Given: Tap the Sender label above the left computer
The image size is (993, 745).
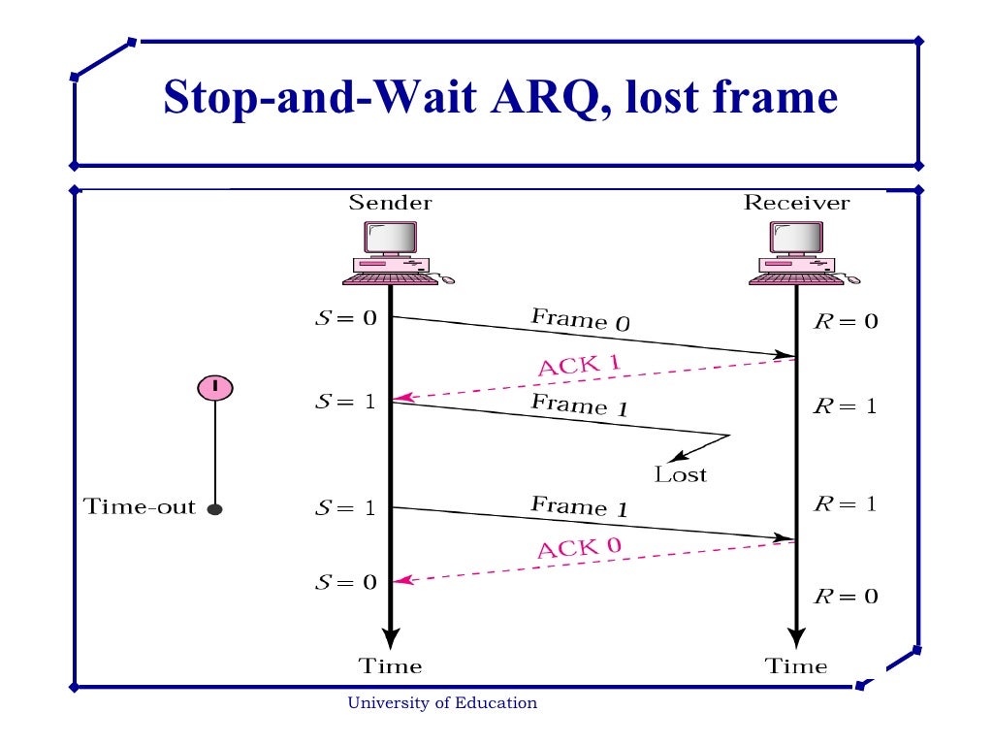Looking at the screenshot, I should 390,203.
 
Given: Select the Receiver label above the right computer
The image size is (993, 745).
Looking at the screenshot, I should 796,203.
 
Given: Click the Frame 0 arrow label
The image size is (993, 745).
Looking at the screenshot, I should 580,320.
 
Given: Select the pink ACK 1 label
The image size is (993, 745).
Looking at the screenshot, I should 578,367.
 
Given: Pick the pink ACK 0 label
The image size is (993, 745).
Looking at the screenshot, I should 579,548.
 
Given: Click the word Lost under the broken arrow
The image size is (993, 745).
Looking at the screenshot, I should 681,475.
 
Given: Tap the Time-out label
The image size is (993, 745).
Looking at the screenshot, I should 140,507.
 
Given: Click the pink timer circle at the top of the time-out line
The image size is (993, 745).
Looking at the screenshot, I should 215,387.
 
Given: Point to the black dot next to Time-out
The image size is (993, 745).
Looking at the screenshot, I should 215,508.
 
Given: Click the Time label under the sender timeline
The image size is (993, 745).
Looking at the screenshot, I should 390,666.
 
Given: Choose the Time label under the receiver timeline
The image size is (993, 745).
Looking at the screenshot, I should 796,666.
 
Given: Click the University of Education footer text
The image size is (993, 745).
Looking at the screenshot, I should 442,703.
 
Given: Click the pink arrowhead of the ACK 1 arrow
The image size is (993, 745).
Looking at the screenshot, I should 402,398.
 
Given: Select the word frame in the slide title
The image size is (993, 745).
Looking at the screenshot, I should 771,98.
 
